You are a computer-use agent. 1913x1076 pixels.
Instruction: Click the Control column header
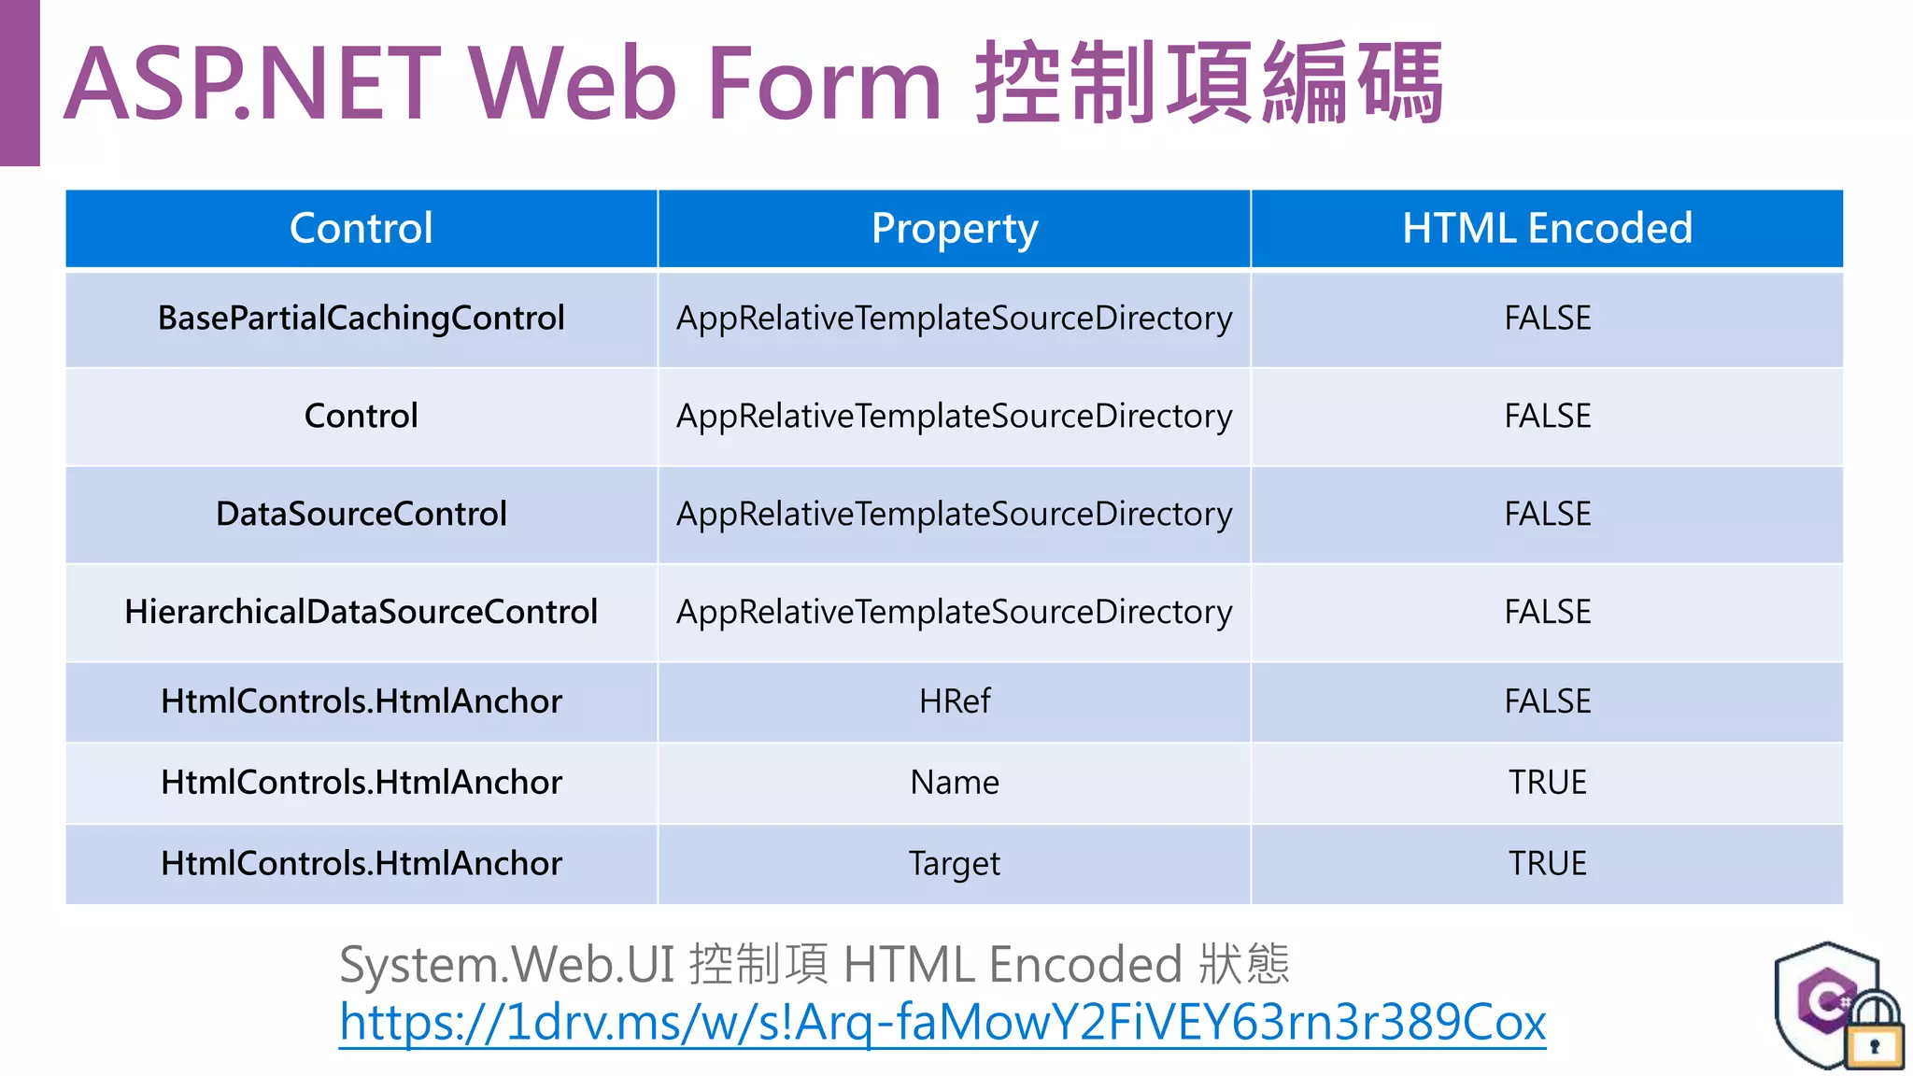[x=361, y=229]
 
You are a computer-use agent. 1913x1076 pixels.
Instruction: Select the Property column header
[x=954, y=229]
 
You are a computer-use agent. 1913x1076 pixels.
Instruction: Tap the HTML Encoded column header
[x=1547, y=229]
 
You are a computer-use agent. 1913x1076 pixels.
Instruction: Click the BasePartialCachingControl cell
[x=361, y=319]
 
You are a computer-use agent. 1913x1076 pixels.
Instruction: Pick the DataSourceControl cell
[x=361, y=514]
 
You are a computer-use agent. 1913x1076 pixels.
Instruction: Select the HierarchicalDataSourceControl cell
[x=361, y=612]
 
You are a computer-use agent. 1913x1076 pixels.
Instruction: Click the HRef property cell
[x=954, y=701]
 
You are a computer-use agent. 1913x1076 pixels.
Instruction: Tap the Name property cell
[x=954, y=783]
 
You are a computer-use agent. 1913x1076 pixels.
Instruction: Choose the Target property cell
[x=954, y=864]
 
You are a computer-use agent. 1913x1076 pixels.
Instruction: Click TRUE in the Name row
[x=1547, y=783]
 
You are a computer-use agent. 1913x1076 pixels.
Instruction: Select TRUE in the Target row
[x=1547, y=864]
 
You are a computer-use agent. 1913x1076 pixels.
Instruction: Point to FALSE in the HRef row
[x=1547, y=701]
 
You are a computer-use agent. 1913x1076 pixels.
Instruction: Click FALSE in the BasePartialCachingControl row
[x=1547, y=319]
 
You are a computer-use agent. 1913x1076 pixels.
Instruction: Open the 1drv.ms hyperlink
[x=942, y=1023]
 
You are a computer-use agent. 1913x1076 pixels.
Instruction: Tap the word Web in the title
[x=572, y=84]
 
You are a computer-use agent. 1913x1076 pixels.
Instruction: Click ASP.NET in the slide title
[x=252, y=84]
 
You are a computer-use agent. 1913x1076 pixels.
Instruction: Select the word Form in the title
[x=824, y=84]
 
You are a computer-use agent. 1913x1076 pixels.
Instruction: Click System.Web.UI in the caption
[x=506, y=965]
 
